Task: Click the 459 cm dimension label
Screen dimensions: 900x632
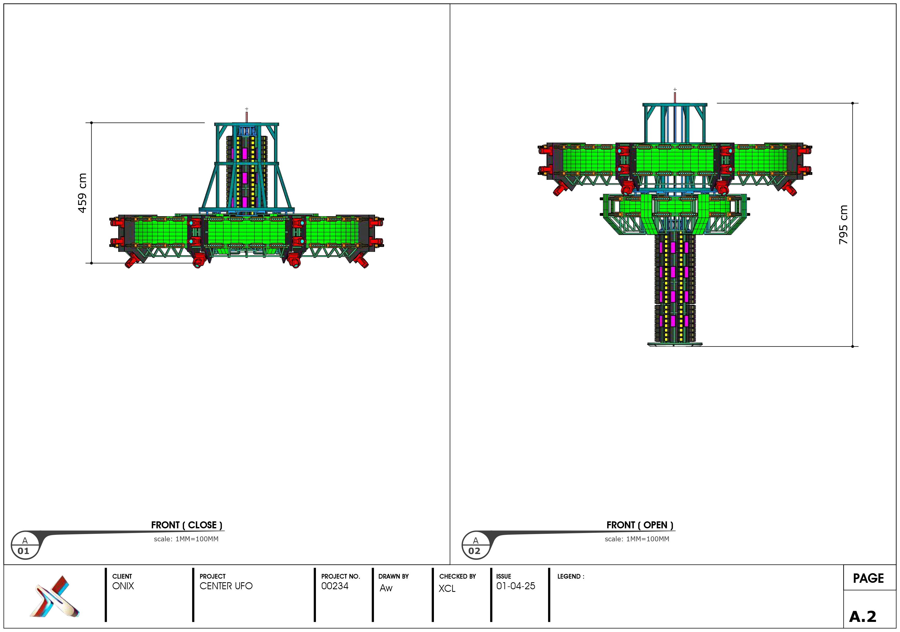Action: [x=82, y=193]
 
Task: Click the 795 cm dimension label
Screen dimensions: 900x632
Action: [x=843, y=225]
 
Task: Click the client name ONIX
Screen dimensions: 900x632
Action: [x=123, y=586]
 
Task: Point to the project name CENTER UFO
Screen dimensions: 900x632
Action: [x=226, y=586]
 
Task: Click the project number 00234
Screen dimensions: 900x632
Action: [x=335, y=586]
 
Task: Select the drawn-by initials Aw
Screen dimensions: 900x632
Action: [x=386, y=588]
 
